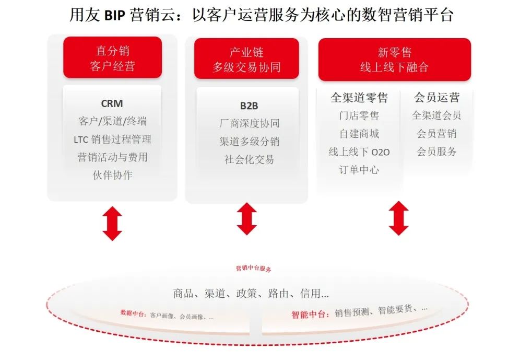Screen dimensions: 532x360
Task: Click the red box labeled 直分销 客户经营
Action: (x=112, y=57)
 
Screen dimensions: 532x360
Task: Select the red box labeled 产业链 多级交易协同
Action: (x=246, y=59)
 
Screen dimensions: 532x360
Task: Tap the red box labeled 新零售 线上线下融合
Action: (x=394, y=60)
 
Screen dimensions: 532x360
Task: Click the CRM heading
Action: (x=112, y=103)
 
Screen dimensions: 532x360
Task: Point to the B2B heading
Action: (x=249, y=106)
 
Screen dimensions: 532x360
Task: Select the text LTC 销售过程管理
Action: (x=112, y=139)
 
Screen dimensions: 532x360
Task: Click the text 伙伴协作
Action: (x=112, y=175)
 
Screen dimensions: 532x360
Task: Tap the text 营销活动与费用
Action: (x=112, y=157)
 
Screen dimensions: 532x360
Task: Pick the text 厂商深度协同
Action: (x=249, y=123)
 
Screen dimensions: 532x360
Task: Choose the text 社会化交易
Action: (x=249, y=159)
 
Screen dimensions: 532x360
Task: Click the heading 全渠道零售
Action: (x=359, y=98)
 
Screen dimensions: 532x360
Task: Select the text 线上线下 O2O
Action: (x=359, y=152)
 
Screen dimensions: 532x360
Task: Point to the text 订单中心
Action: (x=359, y=170)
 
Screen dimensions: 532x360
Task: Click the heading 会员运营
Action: (x=436, y=98)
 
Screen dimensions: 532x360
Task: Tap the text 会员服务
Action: (x=436, y=152)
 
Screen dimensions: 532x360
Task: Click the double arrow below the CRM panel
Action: (x=112, y=224)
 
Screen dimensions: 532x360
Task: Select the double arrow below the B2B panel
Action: (x=246, y=219)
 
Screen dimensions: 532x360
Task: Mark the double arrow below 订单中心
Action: (x=399, y=218)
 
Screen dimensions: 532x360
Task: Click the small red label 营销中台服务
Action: (x=253, y=269)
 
